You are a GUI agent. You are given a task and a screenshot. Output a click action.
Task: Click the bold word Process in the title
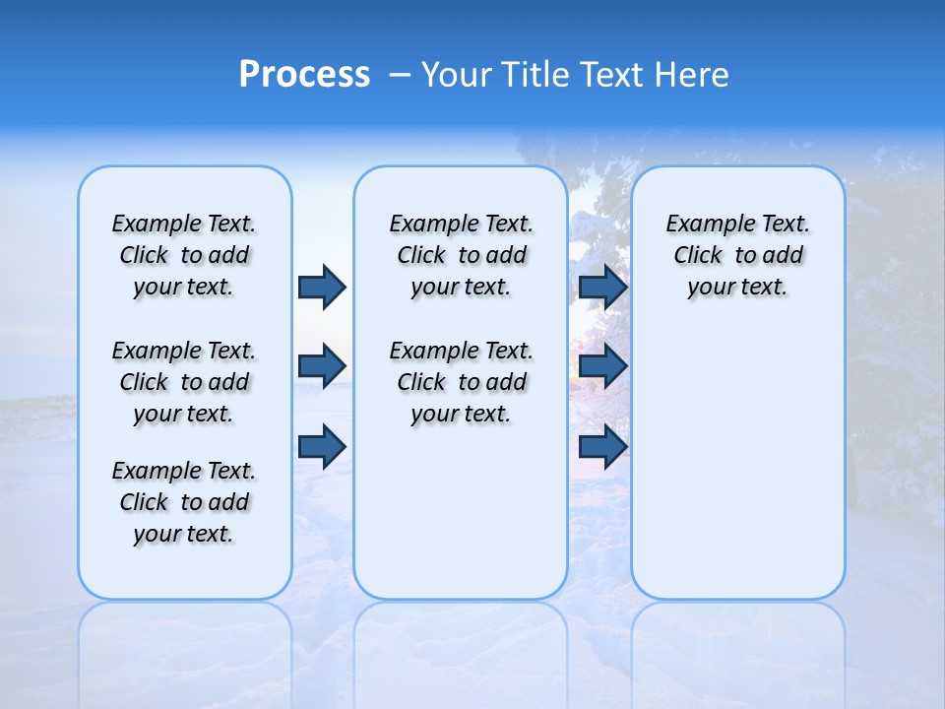pos(304,75)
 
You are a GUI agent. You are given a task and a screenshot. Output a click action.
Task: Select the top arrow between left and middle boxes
pos(322,287)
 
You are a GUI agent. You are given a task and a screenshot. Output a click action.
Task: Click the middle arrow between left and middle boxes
pos(322,366)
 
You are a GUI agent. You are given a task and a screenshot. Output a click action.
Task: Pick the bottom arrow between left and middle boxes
pos(322,447)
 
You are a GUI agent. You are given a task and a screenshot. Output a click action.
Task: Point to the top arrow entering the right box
pos(602,287)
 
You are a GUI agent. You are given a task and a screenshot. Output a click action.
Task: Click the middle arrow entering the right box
pos(602,366)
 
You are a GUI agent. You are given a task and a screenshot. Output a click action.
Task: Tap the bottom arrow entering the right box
pos(602,447)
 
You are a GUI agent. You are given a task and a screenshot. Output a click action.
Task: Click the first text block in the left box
pos(184,255)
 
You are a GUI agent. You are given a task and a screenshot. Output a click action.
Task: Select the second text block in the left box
pos(184,382)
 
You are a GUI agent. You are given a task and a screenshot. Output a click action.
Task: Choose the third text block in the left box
pos(184,502)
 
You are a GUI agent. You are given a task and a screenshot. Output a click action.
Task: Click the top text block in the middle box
pos(461,255)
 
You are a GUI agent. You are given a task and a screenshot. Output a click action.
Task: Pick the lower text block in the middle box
pos(461,382)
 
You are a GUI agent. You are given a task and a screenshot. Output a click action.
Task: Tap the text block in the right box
pos(738,255)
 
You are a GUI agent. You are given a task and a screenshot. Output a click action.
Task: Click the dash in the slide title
pos(401,75)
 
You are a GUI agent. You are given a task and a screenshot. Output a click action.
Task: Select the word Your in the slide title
pos(456,75)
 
